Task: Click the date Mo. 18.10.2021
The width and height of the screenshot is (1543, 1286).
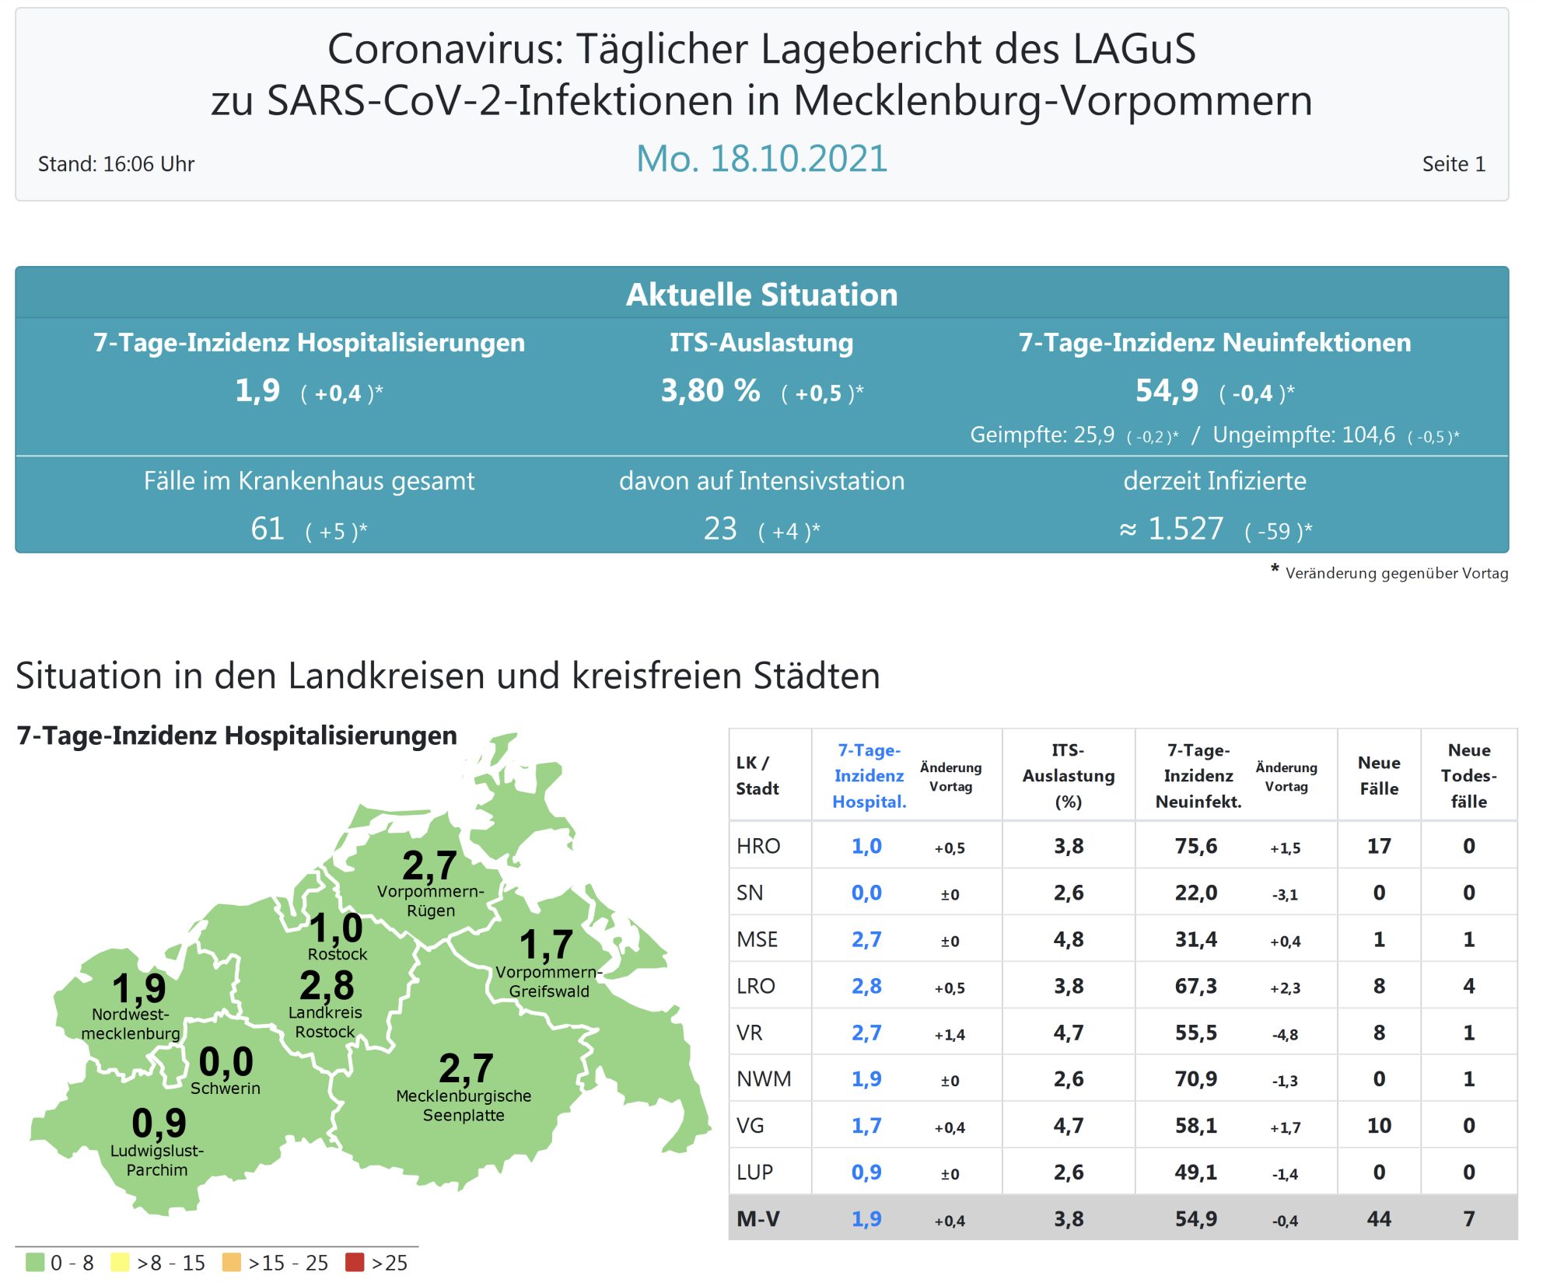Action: coord(761,159)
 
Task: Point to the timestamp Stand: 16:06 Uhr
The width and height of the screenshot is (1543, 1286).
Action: coord(116,164)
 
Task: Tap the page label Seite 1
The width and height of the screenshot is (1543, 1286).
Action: coord(1453,164)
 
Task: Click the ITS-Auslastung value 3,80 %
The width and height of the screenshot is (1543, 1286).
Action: coord(710,390)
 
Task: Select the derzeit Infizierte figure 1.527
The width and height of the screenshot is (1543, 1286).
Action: coord(1185,529)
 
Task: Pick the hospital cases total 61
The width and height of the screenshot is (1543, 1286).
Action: coord(268,529)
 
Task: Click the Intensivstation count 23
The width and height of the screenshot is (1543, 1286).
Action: coord(720,529)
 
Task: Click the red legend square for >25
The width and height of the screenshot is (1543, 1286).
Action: coord(355,1262)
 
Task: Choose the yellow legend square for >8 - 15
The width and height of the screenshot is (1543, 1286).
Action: coord(120,1262)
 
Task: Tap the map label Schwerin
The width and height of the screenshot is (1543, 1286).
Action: coord(226,1088)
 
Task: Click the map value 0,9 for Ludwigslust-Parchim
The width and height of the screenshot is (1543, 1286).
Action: coord(159,1123)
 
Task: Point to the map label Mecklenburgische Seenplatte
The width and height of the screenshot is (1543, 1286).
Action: coord(464,1105)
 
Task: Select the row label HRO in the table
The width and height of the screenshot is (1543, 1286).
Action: coord(758,846)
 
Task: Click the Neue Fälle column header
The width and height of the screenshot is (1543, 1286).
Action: coord(1378,775)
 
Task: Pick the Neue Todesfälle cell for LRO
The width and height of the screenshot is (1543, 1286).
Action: coord(1468,986)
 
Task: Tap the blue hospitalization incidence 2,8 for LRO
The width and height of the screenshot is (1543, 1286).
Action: coord(866,986)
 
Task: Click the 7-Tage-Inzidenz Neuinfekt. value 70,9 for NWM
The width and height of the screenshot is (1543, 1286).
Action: coord(1196,1079)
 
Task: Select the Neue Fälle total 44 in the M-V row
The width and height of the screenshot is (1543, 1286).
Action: coord(1378,1218)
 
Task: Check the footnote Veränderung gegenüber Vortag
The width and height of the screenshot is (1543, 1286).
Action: coord(1396,574)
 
